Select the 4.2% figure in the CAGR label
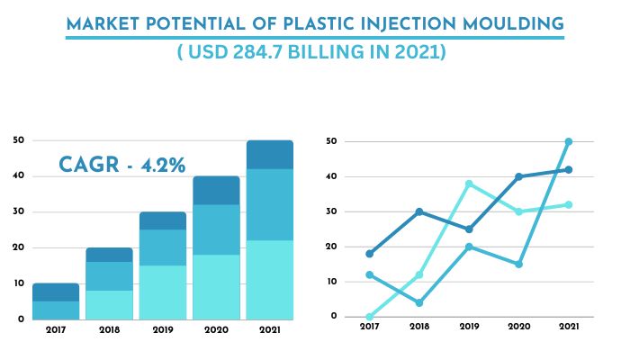[163, 165]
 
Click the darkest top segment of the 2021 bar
[269, 155]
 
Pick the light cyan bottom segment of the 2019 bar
[162, 292]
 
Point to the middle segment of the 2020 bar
[216, 229]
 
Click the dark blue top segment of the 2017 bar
[56, 292]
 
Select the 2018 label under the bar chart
[109, 330]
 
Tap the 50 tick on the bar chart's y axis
[18, 140]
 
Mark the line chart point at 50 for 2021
[568, 141]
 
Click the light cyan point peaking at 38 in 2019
[469, 184]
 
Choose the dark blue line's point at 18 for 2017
[369, 254]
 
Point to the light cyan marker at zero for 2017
[369, 317]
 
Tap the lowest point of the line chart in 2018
[419, 302]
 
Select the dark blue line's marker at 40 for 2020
[518, 176]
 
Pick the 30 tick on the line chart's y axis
[331, 211]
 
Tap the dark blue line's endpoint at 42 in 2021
[568, 169]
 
